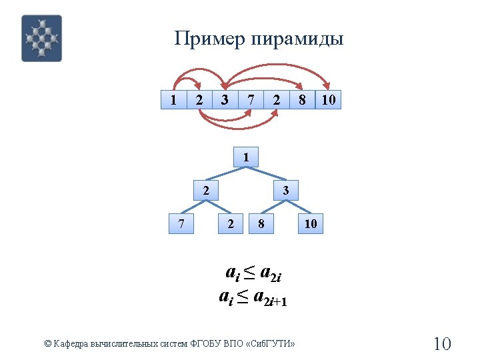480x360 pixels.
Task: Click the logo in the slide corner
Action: tap(41, 39)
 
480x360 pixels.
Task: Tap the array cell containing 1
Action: tap(173, 100)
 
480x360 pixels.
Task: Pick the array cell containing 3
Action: tap(225, 100)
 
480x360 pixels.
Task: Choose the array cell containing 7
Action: tap(250, 100)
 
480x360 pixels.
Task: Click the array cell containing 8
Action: tap(302, 100)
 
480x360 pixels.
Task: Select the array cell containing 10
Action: tap(328, 100)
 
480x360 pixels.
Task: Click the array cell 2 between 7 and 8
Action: tap(276, 100)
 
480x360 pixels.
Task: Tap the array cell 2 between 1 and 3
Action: tap(199, 100)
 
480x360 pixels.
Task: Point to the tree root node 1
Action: tap(247, 157)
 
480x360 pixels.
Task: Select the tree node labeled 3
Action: tap(285, 191)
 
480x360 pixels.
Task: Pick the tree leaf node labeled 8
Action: tap(261, 224)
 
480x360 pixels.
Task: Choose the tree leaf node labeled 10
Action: tap(311, 224)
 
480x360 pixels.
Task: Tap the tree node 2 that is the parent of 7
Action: tap(207, 191)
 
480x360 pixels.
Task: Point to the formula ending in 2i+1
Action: tap(253, 297)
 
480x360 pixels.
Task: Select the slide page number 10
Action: tap(442, 344)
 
